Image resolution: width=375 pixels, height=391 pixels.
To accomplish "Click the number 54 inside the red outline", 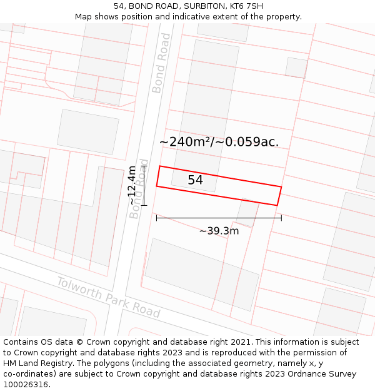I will coord(195,180).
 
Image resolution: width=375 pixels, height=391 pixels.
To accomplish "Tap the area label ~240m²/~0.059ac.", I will coord(219,142).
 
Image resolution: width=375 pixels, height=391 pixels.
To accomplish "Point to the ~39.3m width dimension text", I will coord(219,231).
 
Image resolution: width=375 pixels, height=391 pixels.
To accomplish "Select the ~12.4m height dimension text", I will coord(132,185).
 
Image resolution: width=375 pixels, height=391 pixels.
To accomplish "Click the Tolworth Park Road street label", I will coord(108,297).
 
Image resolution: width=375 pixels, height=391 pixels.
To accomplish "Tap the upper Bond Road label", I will coord(161,63).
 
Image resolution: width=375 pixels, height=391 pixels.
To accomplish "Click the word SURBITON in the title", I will coord(206,6).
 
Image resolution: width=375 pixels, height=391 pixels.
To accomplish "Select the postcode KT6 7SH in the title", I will coord(247,6).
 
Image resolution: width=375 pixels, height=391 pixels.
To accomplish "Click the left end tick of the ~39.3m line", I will coord(156,218).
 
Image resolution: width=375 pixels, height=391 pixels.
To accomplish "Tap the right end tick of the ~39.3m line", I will coord(281,218).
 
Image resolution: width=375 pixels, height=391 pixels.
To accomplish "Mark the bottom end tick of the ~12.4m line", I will coord(144,205).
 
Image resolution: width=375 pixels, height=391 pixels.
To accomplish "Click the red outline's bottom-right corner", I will coord(277,205).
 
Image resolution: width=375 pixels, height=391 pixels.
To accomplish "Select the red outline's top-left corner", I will coord(160,166).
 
